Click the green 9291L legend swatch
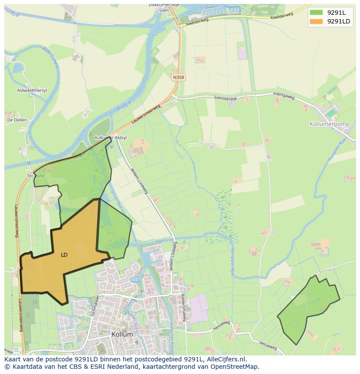click(317, 13)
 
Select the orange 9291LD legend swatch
click(317, 21)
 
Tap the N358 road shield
click(178, 77)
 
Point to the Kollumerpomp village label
click(329, 124)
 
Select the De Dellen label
click(17, 120)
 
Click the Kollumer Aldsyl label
click(111, 138)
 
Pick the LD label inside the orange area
click(64, 255)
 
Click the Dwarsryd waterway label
click(164, 240)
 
